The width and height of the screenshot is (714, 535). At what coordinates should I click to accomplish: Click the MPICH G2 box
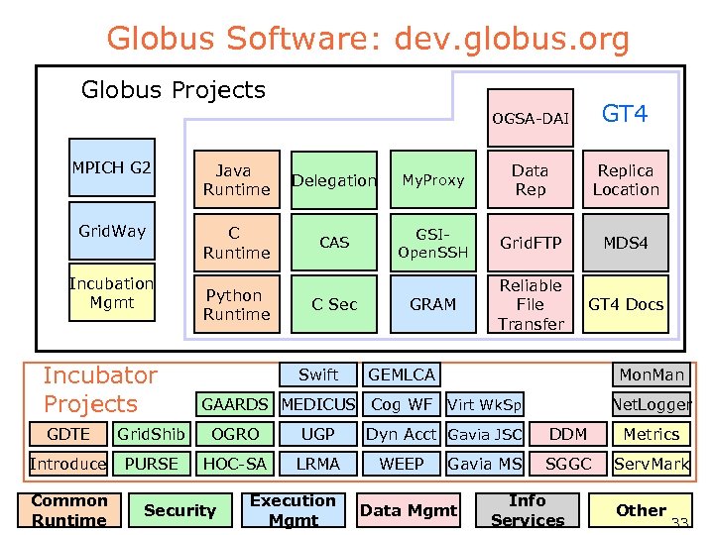pos(111,177)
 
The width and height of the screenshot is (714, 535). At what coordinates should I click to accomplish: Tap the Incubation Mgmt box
pos(111,293)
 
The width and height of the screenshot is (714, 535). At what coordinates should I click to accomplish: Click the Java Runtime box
pos(236,180)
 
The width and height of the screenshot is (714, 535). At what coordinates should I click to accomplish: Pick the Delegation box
pos(334,180)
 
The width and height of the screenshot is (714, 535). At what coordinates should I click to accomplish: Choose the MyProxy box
pos(432,180)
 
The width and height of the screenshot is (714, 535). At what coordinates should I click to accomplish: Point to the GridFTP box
pos(531,243)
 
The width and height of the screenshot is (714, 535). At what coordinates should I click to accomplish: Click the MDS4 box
pos(626,243)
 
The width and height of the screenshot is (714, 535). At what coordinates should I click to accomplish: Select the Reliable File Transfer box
pos(531,304)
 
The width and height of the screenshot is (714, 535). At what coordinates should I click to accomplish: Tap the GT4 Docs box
pos(626,304)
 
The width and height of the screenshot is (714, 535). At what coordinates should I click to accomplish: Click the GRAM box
pos(432,304)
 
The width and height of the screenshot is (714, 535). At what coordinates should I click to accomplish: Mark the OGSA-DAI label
pos(531,119)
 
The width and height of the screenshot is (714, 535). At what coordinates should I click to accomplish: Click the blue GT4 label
pos(625,114)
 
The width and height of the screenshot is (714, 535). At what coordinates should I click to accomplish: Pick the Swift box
pos(318,374)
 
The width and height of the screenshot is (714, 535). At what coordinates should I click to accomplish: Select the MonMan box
pos(652,374)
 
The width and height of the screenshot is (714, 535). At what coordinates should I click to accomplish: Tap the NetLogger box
pos(652,404)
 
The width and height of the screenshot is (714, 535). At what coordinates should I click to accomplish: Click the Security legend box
pos(179,510)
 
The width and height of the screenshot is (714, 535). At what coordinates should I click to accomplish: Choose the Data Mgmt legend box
pos(409,510)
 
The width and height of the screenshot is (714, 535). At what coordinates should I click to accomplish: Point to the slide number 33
pos(679,524)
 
